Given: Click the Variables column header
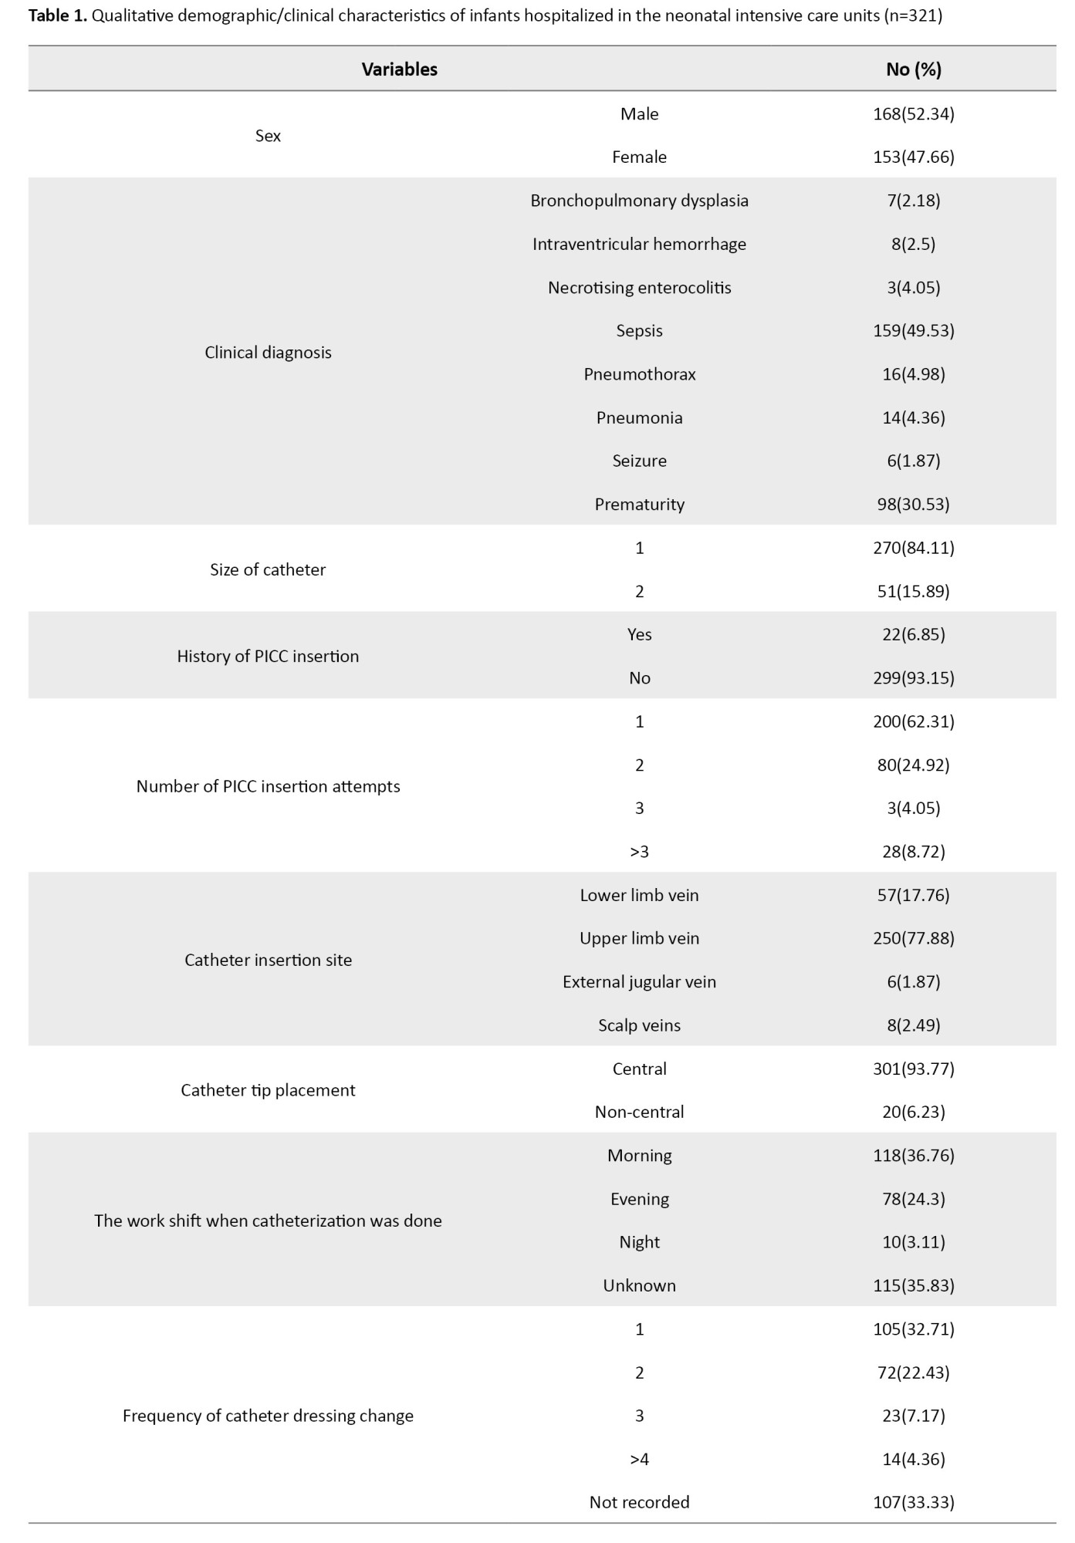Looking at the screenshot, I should click(399, 69).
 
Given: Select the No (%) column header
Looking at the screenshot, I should click(913, 69).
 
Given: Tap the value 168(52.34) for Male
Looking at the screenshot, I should click(913, 114).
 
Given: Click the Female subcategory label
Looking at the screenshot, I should click(639, 157).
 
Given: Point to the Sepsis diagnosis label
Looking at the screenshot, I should click(639, 331).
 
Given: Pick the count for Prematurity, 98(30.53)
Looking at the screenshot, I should click(913, 505).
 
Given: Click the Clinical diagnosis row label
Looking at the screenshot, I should click(268, 353).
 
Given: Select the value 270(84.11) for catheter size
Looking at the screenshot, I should click(913, 548).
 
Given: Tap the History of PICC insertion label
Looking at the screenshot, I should click(268, 657).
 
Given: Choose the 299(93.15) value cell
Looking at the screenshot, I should click(913, 678).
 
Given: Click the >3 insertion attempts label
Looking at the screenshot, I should click(639, 852).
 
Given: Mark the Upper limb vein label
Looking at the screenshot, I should click(639, 939).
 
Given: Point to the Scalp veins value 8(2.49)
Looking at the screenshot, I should click(913, 1025).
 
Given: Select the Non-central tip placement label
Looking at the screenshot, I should click(639, 1113).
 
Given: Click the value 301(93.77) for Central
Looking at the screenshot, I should click(913, 1069).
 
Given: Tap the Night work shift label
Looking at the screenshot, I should click(639, 1242).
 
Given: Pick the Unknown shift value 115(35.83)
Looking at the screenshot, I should click(913, 1286).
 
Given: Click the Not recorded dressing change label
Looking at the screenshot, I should click(639, 1503).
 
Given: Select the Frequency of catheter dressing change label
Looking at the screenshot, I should click(268, 1416).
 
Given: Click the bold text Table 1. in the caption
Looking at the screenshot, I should click(58, 15).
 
